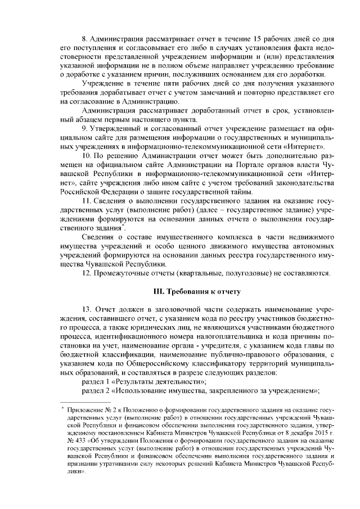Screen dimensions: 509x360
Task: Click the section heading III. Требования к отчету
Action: [197, 292]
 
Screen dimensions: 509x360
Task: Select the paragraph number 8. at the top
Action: [85, 40]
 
